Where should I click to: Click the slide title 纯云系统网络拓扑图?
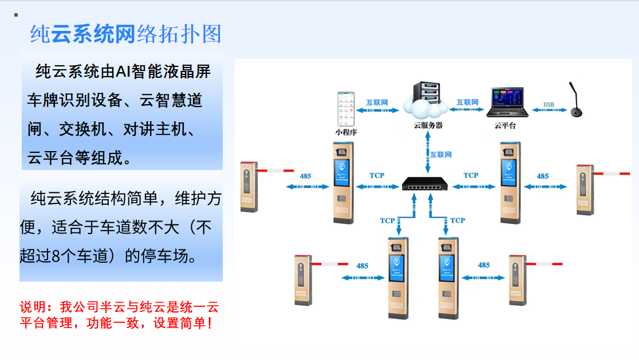point(125,34)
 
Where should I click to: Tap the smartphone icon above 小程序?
point(345,108)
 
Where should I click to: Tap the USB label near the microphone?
point(549,105)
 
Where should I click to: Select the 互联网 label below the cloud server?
point(440,155)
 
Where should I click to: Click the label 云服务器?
point(428,125)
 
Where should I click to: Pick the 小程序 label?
point(345,132)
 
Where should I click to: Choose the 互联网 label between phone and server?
point(377,102)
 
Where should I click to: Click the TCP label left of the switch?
point(377,175)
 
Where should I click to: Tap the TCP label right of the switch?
point(471,175)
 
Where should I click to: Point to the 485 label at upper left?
point(305,176)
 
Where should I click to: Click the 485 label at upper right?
point(542,176)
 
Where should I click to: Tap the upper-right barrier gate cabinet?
point(584,189)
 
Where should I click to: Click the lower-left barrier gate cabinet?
point(302,280)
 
